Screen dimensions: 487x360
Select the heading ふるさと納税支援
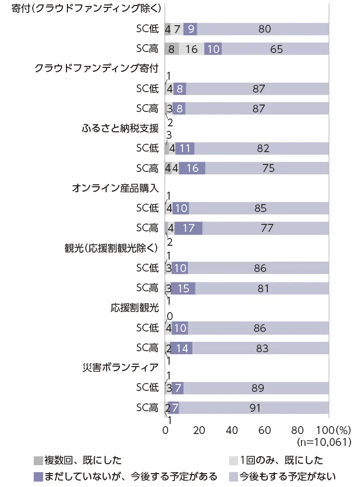click(120, 128)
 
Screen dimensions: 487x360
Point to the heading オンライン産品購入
click(115, 188)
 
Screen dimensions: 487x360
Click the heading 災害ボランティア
click(120, 368)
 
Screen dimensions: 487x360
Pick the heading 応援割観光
click(134, 308)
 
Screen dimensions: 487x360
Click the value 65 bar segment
click(275, 49)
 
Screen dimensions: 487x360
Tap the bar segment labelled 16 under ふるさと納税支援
click(192, 168)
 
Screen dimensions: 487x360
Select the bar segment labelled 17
click(188, 228)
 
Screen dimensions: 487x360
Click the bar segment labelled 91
click(254, 408)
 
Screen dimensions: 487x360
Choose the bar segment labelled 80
click(263, 29)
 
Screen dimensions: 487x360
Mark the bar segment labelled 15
click(183, 288)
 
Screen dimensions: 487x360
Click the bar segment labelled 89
click(256, 388)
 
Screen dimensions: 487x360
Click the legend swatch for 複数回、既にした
click(39, 461)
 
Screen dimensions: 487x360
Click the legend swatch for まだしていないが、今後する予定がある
click(39, 477)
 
